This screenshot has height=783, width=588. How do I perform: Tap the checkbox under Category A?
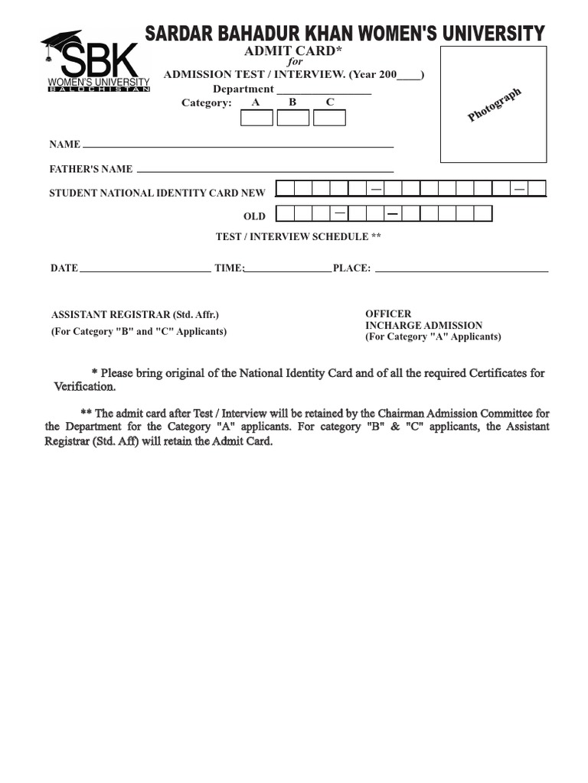pyautogui.click(x=256, y=118)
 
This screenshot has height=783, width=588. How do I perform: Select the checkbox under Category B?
pyautogui.click(x=293, y=118)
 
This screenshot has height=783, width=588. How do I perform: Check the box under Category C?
pyautogui.click(x=329, y=118)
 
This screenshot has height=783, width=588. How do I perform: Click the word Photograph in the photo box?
pyautogui.click(x=495, y=105)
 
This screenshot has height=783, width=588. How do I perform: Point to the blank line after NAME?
pyautogui.click(x=237, y=145)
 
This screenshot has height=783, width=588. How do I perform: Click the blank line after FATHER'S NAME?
pyautogui.click(x=264, y=170)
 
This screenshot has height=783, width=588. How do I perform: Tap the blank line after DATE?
pyautogui.click(x=145, y=270)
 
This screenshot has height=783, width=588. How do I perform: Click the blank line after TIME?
pyautogui.click(x=287, y=270)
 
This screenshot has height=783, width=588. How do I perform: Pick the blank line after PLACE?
pyautogui.click(x=461, y=270)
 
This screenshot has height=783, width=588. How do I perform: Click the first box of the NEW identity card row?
pyautogui.click(x=284, y=189)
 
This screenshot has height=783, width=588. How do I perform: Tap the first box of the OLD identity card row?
pyautogui.click(x=284, y=213)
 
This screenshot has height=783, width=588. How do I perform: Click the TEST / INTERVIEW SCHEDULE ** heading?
pyautogui.click(x=298, y=237)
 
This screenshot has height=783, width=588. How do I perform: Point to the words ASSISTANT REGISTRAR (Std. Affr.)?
pyautogui.click(x=129, y=314)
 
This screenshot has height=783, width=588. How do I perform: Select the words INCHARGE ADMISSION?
pyautogui.click(x=423, y=325)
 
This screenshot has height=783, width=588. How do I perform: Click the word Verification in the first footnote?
pyautogui.click(x=84, y=387)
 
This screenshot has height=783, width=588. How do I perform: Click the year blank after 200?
pyautogui.click(x=409, y=76)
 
